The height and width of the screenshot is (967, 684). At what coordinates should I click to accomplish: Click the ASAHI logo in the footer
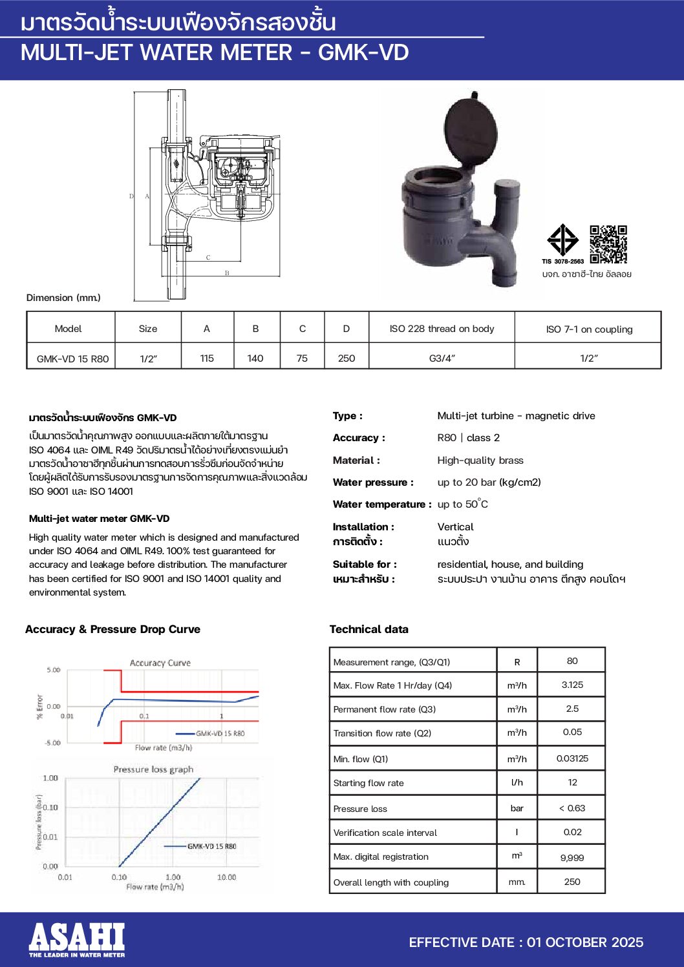coord(76,939)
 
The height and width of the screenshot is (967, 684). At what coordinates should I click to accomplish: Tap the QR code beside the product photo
coord(608,244)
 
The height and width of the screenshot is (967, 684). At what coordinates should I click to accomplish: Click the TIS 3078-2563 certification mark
coord(562,243)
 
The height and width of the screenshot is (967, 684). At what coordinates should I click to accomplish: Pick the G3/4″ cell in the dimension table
coord(442,358)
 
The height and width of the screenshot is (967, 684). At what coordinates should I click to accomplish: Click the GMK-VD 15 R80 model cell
coord(72,359)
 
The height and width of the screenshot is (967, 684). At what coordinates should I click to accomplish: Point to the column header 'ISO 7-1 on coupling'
coord(589,329)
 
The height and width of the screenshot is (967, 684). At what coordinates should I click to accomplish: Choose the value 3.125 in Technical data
coord(572,685)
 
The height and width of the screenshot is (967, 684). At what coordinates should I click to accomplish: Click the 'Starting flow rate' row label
coord(369,783)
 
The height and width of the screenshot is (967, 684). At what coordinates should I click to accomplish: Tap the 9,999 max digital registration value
coord(572,858)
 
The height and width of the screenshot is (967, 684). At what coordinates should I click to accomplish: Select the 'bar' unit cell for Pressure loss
coord(517,808)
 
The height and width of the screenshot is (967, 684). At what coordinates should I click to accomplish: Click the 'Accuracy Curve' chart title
coord(160,663)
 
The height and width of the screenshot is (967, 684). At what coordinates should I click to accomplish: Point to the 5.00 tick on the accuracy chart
coord(53,670)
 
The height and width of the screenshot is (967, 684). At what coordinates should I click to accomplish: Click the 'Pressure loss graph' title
coord(153,769)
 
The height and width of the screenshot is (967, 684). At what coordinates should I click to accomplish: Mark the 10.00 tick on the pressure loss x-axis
coord(226,877)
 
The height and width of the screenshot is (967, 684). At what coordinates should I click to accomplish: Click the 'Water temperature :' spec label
coord(381,504)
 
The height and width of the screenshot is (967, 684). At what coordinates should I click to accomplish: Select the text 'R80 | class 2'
coord(468,438)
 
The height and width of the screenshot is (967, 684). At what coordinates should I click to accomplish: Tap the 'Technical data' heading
coord(369,629)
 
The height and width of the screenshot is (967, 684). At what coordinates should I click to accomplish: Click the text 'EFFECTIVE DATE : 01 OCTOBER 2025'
coord(526,942)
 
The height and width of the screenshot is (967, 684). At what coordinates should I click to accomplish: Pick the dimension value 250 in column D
coord(347,359)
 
